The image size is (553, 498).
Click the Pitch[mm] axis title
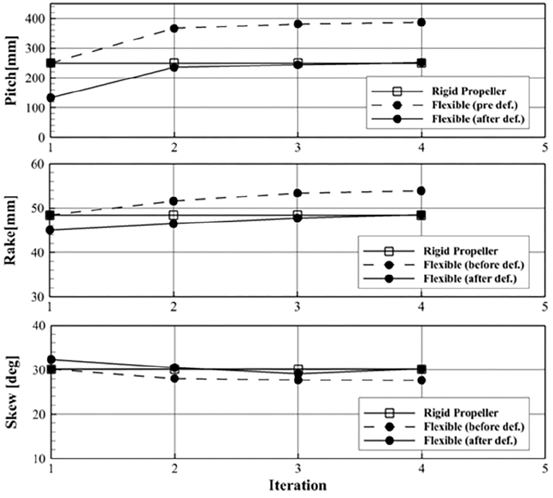(x=12, y=70)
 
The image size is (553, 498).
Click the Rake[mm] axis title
(x=12, y=230)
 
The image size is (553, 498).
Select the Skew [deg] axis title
(x=12, y=392)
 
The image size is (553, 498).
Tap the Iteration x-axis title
(x=298, y=485)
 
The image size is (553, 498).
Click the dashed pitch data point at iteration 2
(x=174, y=28)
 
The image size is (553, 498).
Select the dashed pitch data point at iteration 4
(x=421, y=22)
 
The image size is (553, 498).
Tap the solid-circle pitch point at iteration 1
(x=51, y=98)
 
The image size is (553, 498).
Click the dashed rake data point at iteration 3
(x=298, y=193)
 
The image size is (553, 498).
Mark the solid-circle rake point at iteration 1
(x=50, y=230)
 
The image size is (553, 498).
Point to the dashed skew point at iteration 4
(x=421, y=380)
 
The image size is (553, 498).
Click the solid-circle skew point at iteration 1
(x=51, y=360)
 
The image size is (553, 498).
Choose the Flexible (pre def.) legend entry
(x=474, y=105)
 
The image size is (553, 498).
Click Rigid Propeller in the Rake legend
(x=461, y=251)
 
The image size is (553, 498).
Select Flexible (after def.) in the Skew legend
(x=470, y=440)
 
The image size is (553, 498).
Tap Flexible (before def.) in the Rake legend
(x=474, y=265)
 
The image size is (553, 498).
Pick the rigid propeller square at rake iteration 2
(x=174, y=215)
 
